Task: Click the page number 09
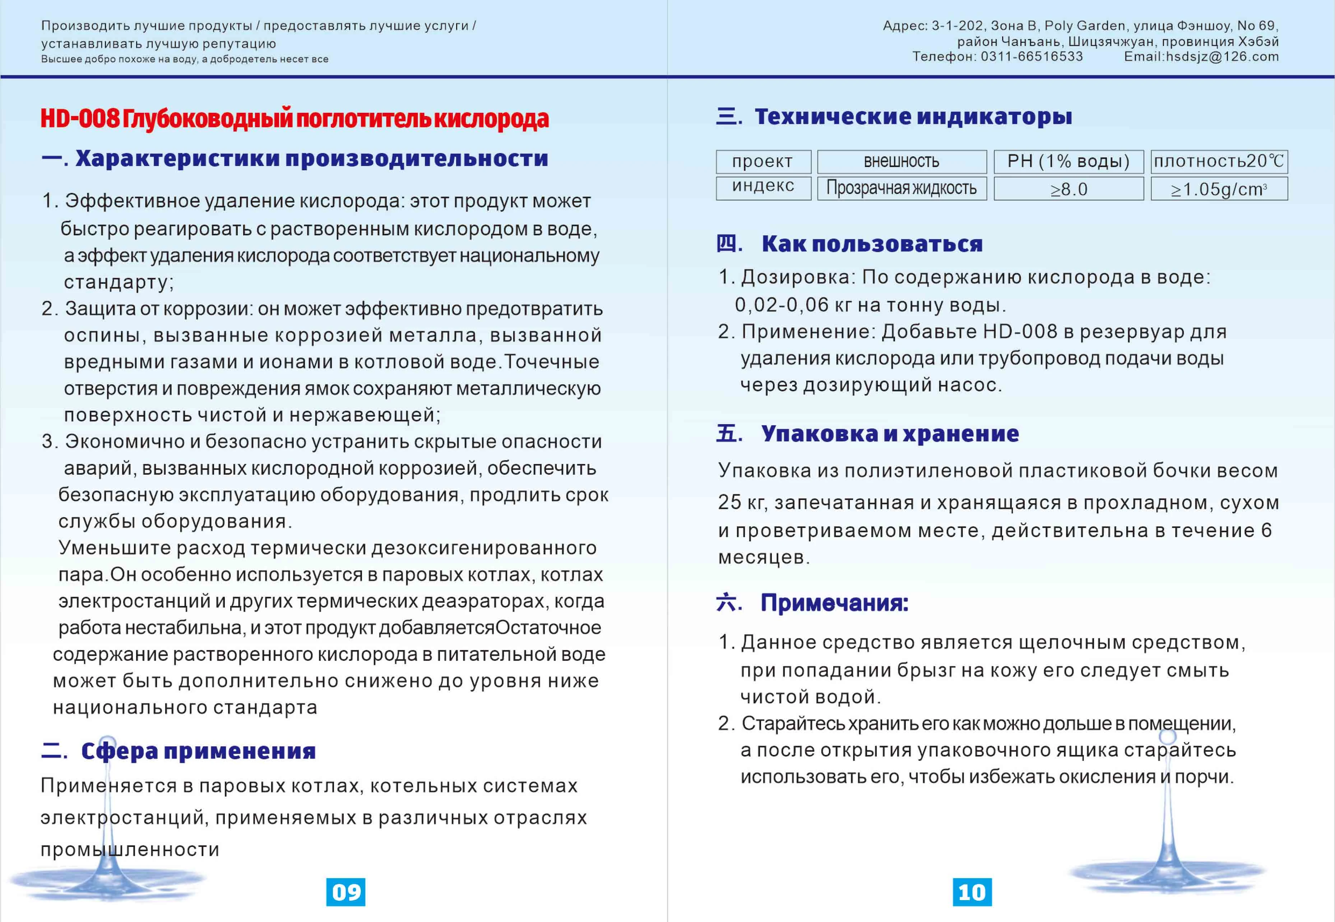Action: pyautogui.click(x=346, y=892)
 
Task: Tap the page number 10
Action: pyautogui.click(x=972, y=892)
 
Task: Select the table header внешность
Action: pyautogui.click(x=901, y=162)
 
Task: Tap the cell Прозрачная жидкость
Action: pyautogui.click(x=901, y=188)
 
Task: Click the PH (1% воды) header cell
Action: pyautogui.click(x=1068, y=162)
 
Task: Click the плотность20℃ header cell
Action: pyautogui.click(x=1219, y=162)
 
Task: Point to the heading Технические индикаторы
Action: pyautogui.click(x=913, y=117)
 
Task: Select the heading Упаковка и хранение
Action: pyautogui.click(x=890, y=433)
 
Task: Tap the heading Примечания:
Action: pyautogui.click(x=834, y=603)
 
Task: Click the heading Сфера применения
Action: pyautogui.click(x=198, y=751)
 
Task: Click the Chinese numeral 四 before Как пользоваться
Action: pyautogui.click(x=727, y=243)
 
